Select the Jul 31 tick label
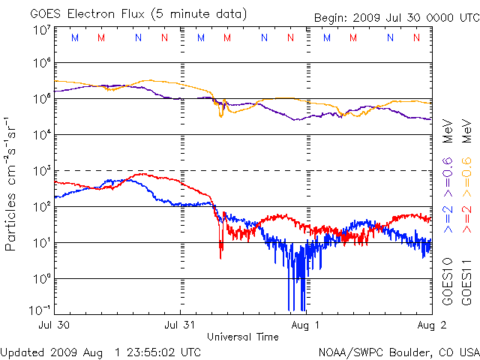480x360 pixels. coord(181,326)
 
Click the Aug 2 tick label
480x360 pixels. coord(424,326)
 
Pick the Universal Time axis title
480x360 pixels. coord(243,337)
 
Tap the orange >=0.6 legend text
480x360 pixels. coord(466,172)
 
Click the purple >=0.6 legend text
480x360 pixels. coord(447,172)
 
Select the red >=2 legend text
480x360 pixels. coord(466,217)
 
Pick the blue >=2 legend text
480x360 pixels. coord(447,217)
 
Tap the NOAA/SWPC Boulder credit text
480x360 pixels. coord(398,351)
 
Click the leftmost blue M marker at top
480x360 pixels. coord(74,37)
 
